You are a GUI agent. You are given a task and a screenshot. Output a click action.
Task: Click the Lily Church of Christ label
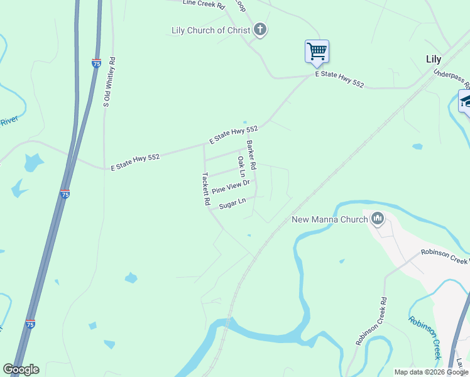coord(210,30)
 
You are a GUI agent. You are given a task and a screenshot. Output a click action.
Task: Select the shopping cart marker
coord(317,51)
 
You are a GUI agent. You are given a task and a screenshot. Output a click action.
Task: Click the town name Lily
coord(434,60)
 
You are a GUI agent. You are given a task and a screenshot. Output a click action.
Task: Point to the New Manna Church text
coord(329,219)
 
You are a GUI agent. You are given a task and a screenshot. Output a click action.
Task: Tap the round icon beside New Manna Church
coord(378,219)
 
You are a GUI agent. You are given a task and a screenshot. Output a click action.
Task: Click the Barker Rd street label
coord(251,156)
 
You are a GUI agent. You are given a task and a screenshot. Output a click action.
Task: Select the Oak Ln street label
coord(241,167)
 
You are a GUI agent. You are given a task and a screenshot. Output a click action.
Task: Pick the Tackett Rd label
coord(205,189)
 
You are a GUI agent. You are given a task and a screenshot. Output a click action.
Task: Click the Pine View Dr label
coord(231,187)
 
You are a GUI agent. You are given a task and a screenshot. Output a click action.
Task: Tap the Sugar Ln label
coord(231,203)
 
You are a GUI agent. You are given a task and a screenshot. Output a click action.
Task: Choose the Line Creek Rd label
coord(204,4)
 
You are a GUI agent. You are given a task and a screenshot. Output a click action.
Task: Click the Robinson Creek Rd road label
coord(369,322)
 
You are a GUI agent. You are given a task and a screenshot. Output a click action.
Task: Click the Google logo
coord(21,369)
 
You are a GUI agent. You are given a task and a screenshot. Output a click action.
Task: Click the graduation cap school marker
coord(466,101)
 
